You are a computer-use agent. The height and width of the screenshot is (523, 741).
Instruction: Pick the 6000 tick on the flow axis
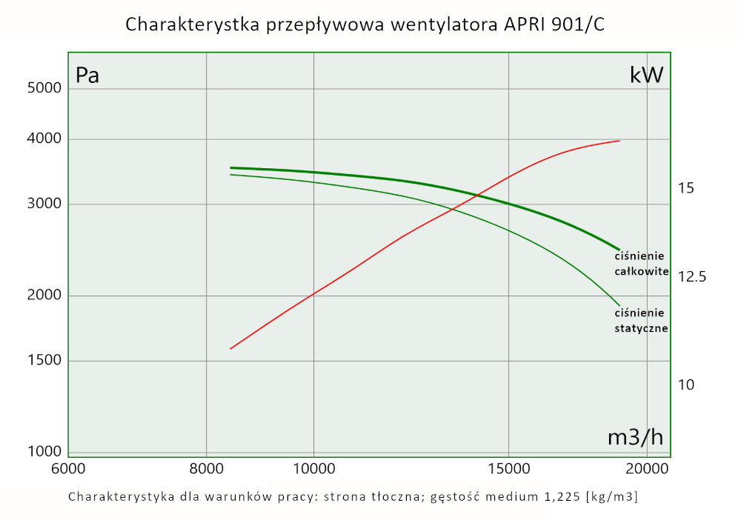click(68, 469)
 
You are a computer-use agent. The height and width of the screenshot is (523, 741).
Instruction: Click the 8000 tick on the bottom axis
click(206, 469)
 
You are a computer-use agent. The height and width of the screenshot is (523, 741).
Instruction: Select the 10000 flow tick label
click(314, 469)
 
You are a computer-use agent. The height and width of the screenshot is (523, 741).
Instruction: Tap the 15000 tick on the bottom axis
click(508, 469)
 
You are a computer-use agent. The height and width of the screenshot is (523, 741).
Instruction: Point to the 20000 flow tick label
click(647, 469)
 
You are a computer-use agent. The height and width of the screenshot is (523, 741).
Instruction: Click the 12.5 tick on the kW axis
click(692, 277)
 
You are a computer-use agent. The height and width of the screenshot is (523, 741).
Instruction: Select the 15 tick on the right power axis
click(685, 188)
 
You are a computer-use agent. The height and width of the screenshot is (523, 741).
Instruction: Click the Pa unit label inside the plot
click(87, 76)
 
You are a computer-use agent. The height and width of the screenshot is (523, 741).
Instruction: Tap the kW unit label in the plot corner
click(646, 76)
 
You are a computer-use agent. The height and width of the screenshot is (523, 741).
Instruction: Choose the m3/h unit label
click(635, 438)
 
